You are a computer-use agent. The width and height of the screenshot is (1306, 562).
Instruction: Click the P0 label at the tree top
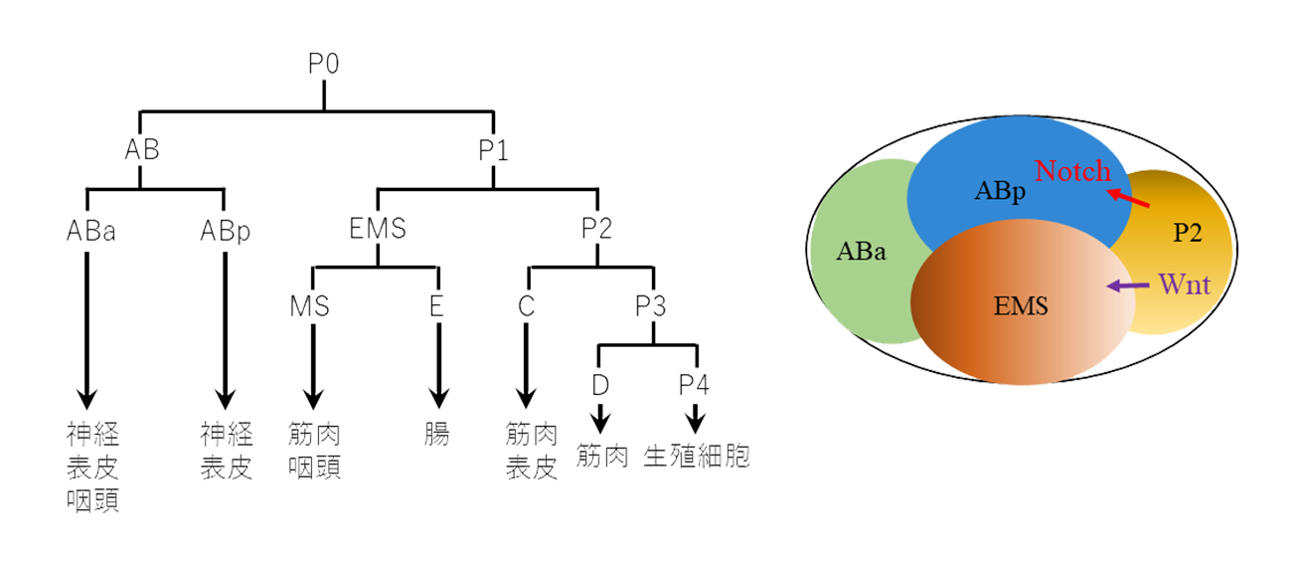click(x=324, y=66)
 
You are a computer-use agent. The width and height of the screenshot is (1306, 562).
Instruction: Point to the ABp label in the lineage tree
click(x=224, y=230)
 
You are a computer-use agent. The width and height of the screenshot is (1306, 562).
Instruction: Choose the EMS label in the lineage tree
click(x=379, y=230)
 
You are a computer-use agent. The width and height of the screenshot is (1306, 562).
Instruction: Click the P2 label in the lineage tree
click(x=596, y=230)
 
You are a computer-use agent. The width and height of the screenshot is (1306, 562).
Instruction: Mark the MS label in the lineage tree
click(x=312, y=304)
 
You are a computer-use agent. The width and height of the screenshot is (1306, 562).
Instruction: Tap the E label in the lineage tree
click(x=435, y=304)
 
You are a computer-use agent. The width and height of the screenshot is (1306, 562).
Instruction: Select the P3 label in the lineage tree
click(x=651, y=304)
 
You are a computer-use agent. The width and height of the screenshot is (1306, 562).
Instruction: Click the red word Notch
click(x=1072, y=171)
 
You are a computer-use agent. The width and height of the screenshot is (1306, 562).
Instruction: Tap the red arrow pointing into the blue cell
click(x=1130, y=199)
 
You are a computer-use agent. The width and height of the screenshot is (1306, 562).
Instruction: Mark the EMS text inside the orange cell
click(x=1021, y=306)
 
